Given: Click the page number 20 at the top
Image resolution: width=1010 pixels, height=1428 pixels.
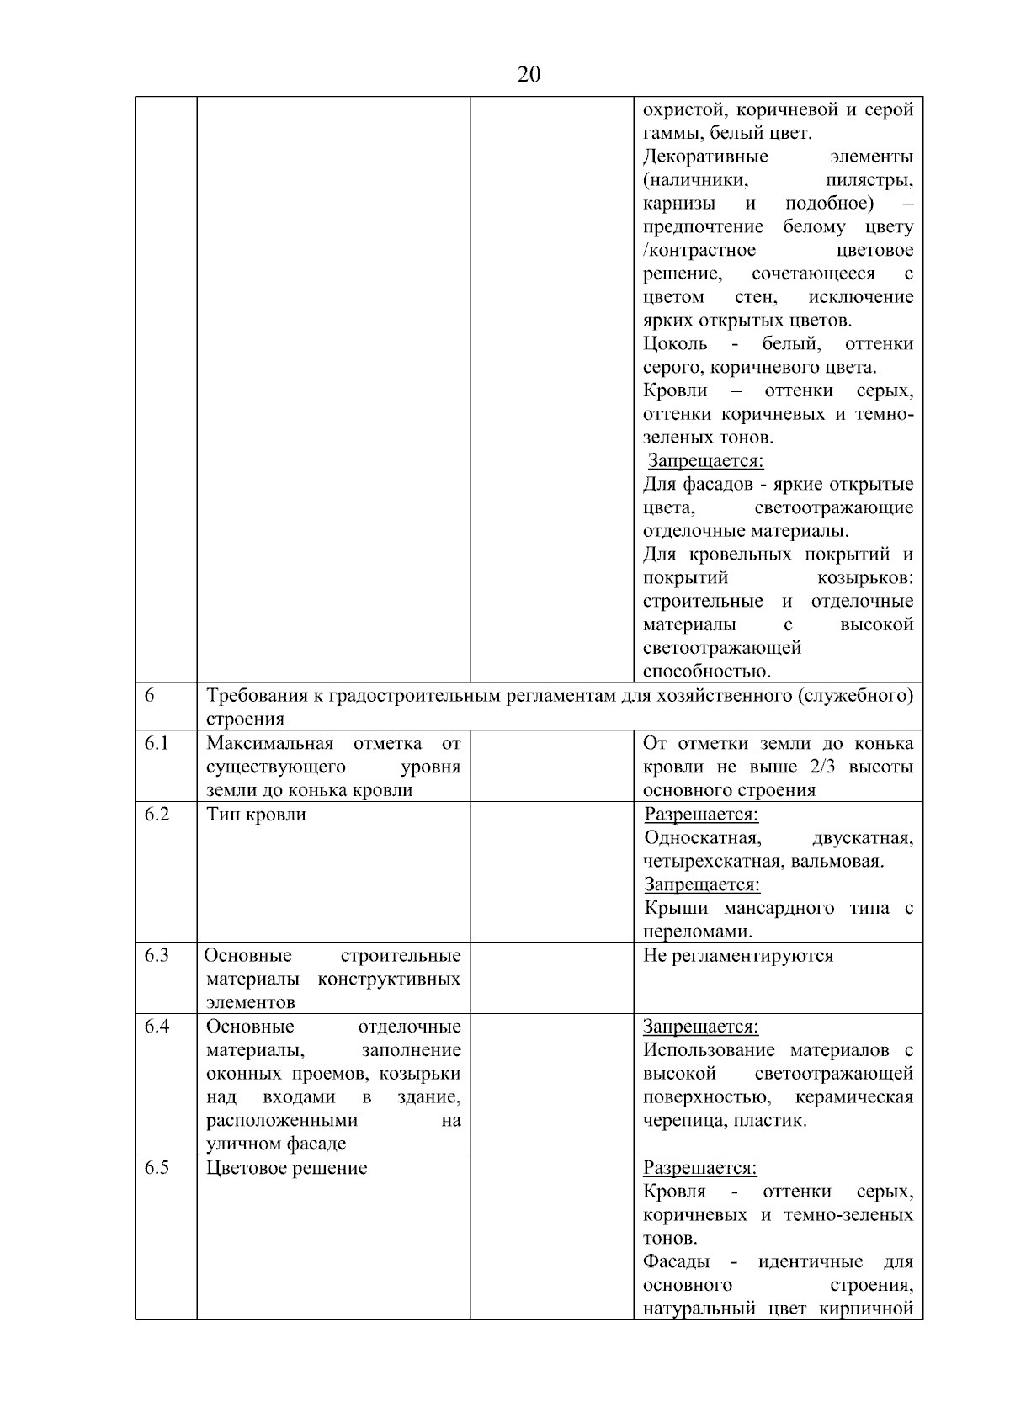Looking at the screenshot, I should coord(529,76).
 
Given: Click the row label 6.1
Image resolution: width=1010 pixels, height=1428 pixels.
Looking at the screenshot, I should coord(157,743).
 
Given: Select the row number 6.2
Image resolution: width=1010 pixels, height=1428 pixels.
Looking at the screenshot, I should coord(157,814).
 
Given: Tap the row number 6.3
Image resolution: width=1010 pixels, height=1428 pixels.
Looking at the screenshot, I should coord(157,955).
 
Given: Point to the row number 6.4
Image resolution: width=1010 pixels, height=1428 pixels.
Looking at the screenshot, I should coord(157,1026).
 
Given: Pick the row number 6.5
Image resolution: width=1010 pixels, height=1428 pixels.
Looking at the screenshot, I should coord(157,1167).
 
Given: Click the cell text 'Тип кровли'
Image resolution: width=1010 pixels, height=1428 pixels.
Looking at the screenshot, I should coord(257,815).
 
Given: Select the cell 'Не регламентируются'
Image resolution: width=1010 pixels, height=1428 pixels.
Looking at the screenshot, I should coord(738,956).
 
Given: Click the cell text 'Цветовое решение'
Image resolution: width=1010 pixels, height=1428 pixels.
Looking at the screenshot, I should coord(287,1168).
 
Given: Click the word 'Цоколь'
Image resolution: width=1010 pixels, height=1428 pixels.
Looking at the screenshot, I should coord(675,344).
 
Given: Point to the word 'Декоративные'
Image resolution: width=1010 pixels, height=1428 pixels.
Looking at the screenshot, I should coord(705,157).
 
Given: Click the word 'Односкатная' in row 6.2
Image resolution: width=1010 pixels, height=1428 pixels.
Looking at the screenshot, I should coord(703,838).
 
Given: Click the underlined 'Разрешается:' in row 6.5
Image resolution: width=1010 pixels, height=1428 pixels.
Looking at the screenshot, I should coord(700,1168).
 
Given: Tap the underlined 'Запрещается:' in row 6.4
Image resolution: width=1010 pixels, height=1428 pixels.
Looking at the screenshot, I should coord(701,1027).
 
